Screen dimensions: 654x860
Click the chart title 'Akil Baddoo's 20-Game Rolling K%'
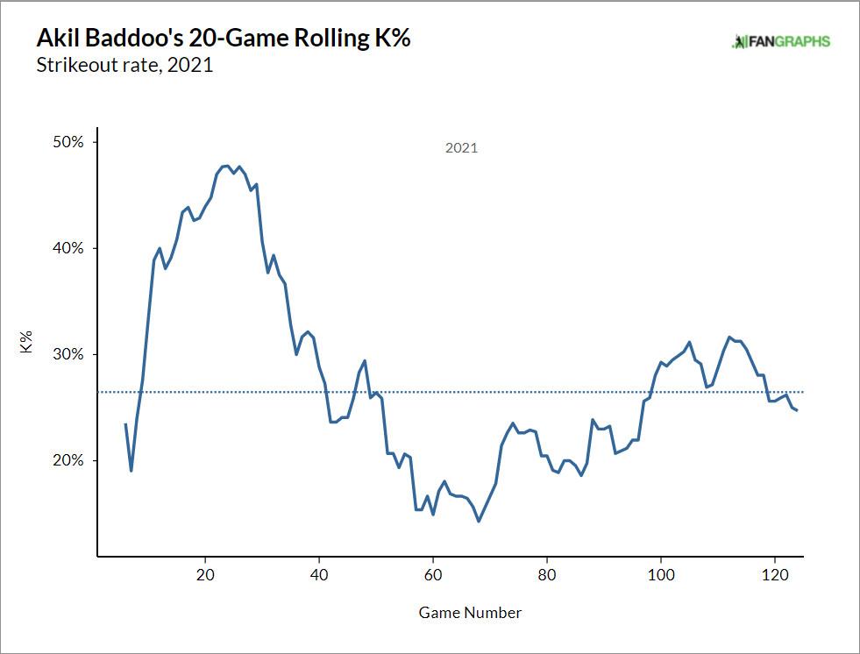pyautogui.click(x=224, y=39)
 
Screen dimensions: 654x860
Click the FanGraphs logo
pyautogui.click(x=781, y=42)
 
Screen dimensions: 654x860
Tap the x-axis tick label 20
pyautogui.click(x=205, y=575)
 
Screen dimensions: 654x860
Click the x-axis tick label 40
pyautogui.click(x=319, y=575)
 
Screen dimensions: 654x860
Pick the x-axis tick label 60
pyautogui.click(x=433, y=575)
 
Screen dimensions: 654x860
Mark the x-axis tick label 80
pyautogui.click(x=547, y=575)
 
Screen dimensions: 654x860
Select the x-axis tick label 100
pyautogui.click(x=661, y=575)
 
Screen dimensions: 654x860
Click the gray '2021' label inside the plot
pyautogui.click(x=461, y=148)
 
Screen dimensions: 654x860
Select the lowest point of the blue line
pyautogui.click(x=479, y=522)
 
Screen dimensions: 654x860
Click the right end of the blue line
pyautogui.click(x=797, y=410)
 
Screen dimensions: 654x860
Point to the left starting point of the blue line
pyautogui.click(x=125, y=424)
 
